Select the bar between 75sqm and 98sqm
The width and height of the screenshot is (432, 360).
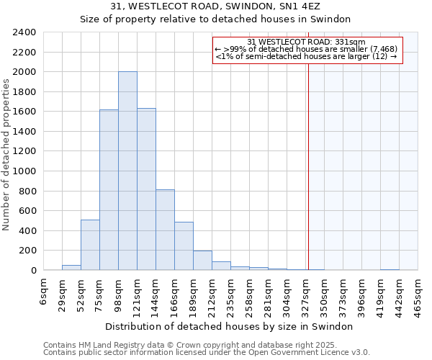point(109,190)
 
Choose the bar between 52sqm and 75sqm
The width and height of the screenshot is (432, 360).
point(90,246)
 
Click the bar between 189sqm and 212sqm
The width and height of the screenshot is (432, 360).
point(202,261)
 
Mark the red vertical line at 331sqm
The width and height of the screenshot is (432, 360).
point(308,158)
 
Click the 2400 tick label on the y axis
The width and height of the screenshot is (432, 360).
point(24,32)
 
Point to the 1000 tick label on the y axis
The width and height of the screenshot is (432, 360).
point(24,171)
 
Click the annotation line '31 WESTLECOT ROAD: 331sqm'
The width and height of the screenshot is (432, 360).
point(307,42)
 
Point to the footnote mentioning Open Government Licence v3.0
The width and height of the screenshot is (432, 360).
point(207,353)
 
